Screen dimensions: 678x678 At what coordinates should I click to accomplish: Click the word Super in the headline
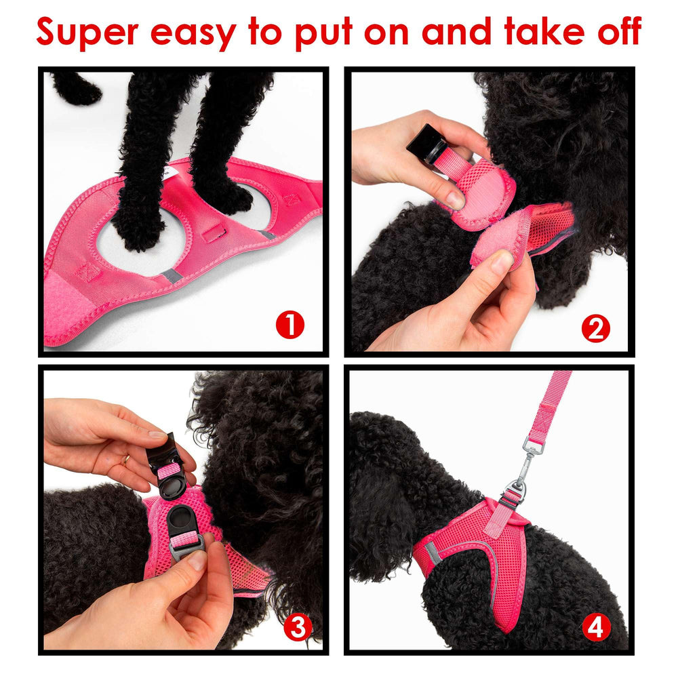pos(87,32)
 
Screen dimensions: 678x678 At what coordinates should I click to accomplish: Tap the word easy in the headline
pos(193,35)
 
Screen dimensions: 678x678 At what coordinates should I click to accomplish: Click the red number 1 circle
pos(290,325)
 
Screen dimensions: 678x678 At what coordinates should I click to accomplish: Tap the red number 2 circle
pos(595,328)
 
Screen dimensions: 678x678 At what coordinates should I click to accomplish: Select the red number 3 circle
pos(298,627)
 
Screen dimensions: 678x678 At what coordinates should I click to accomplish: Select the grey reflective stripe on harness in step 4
pos(433,554)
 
